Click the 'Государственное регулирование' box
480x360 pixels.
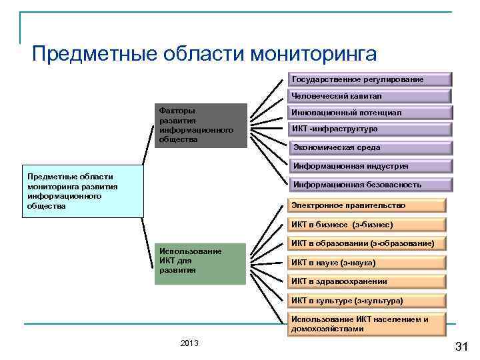point(370,79)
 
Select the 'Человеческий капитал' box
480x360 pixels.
point(370,96)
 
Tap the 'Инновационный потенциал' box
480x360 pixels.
point(370,113)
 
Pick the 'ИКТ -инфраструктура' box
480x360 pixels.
point(370,129)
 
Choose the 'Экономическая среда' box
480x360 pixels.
point(370,147)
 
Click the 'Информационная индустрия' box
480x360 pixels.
point(370,167)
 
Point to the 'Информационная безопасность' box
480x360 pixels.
point(370,185)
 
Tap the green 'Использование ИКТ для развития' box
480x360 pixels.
point(200,263)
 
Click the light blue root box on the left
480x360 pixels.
point(83,191)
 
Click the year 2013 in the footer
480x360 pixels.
point(189,343)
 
